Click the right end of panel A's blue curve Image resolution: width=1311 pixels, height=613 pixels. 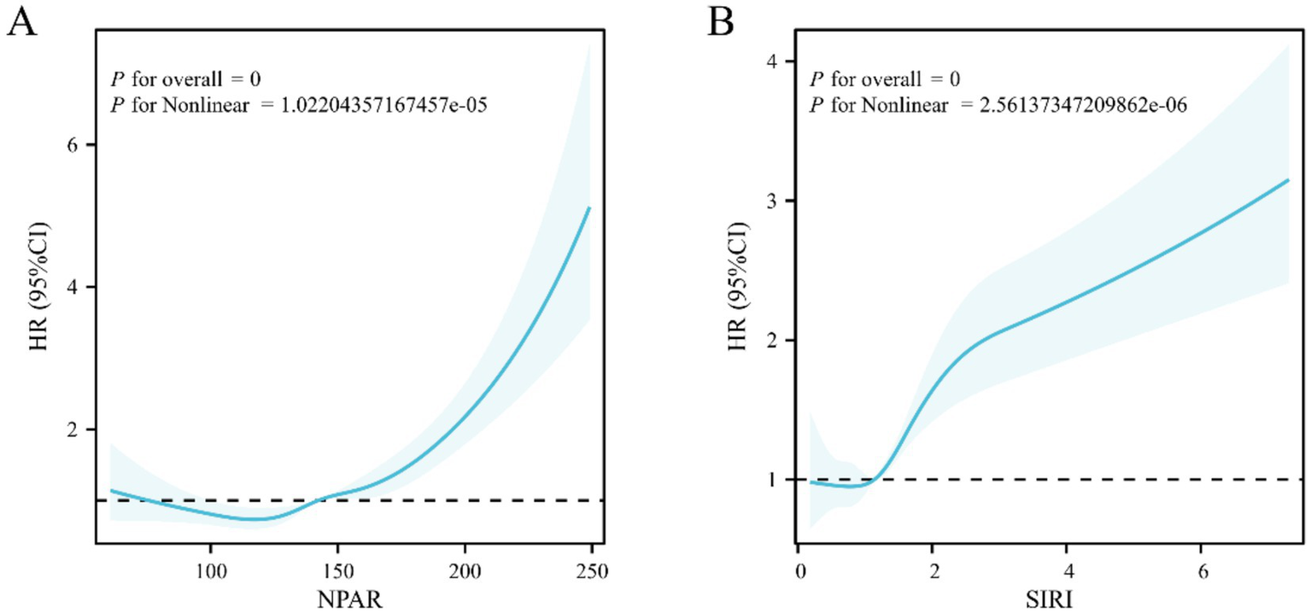pyautogui.click(x=589, y=207)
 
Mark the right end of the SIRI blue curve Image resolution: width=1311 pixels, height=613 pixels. pyautogui.click(x=1288, y=180)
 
